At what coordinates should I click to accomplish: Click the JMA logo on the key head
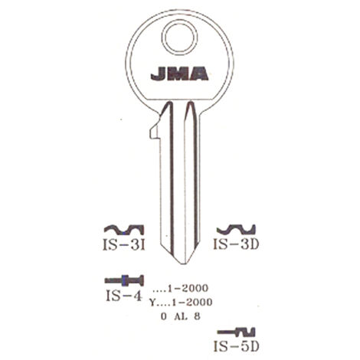point(179,74)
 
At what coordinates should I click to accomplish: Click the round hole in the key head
point(180,38)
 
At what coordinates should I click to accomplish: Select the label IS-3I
point(124,244)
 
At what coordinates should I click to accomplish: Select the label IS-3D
point(236,244)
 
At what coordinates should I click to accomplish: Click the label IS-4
point(123,296)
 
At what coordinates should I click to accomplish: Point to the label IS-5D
point(236,346)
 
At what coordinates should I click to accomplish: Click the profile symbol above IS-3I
point(124,230)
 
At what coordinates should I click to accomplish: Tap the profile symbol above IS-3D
point(236,230)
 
